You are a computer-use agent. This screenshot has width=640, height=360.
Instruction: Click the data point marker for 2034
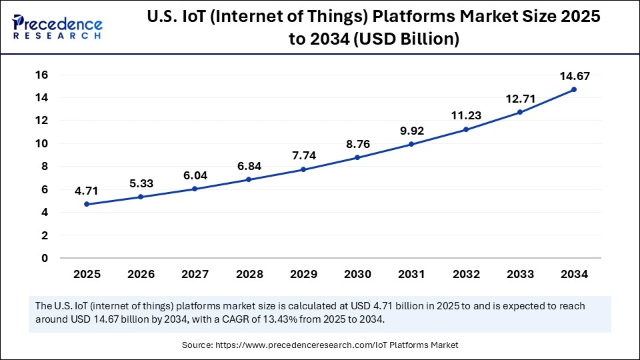(x=574, y=89)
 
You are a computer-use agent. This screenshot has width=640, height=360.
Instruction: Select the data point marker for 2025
(x=87, y=204)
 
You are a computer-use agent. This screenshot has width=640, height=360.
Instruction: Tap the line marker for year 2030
(x=357, y=157)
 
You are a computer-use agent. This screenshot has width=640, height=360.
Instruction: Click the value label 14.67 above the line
(x=574, y=76)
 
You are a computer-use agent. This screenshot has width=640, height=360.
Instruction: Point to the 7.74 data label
(x=303, y=155)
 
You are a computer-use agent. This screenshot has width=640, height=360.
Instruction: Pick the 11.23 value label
(x=465, y=115)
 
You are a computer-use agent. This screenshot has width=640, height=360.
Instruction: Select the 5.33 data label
(x=141, y=183)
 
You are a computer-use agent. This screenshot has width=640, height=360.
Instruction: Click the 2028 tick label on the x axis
(x=249, y=274)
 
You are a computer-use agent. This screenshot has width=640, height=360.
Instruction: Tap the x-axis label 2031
(x=411, y=274)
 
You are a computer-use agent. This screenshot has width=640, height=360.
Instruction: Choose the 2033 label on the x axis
(x=519, y=274)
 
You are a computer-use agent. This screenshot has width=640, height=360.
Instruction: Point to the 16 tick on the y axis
(x=42, y=75)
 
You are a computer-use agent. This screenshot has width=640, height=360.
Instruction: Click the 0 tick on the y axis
(x=45, y=258)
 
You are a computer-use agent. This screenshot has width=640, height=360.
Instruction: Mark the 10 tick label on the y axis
(x=42, y=143)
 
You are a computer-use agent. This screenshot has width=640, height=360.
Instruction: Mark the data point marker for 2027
(x=195, y=189)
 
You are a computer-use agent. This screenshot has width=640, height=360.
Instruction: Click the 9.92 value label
(x=411, y=130)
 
